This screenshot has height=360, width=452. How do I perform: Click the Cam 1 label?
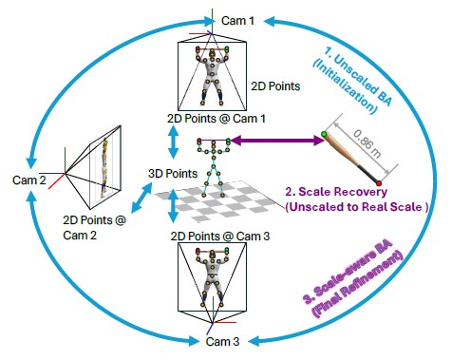pyautogui.click(x=237, y=21)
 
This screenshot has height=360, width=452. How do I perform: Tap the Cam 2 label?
pyautogui.click(x=29, y=180)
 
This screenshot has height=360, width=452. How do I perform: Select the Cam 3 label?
pyautogui.click(x=222, y=342)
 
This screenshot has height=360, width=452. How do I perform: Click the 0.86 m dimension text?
pyautogui.click(x=367, y=143)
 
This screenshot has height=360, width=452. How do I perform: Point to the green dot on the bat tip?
pyautogui.click(x=324, y=134)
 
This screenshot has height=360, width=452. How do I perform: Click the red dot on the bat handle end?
pyautogui.click(x=379, y=183)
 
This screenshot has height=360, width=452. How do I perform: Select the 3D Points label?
pyautogui.click(x=173, y=174)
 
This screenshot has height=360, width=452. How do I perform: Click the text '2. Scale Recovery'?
pyautogui.click(x=336, y=192)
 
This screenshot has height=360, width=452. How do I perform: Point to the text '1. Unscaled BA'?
pyautogui.click(x=359, y=75)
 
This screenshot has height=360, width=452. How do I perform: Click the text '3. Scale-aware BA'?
pyautogui.click(x=348, y=273)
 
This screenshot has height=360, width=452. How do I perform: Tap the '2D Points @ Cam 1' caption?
pyautogui.click(x=217, y=119)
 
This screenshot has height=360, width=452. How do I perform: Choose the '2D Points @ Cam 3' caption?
pyautogui.click(x=220, y=237)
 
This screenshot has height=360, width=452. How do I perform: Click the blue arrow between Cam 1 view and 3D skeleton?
pyautogui.click(x=173, y=142)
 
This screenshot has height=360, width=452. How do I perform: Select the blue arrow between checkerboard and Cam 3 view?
pyautogui.click(x=173, y=206)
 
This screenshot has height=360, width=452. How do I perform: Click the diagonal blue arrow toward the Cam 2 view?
pyautogui.click(x=141, y=197)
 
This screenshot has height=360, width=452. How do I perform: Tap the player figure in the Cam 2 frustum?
pyautogui.click(x=104, y=169)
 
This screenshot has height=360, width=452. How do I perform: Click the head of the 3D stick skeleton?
pyautogui.click(x=214, y=143)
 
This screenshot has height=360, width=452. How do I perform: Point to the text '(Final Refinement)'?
pyautogui.click(x=357, y=284)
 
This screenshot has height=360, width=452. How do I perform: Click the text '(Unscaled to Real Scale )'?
pyautogui.click(x=357, y=207)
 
